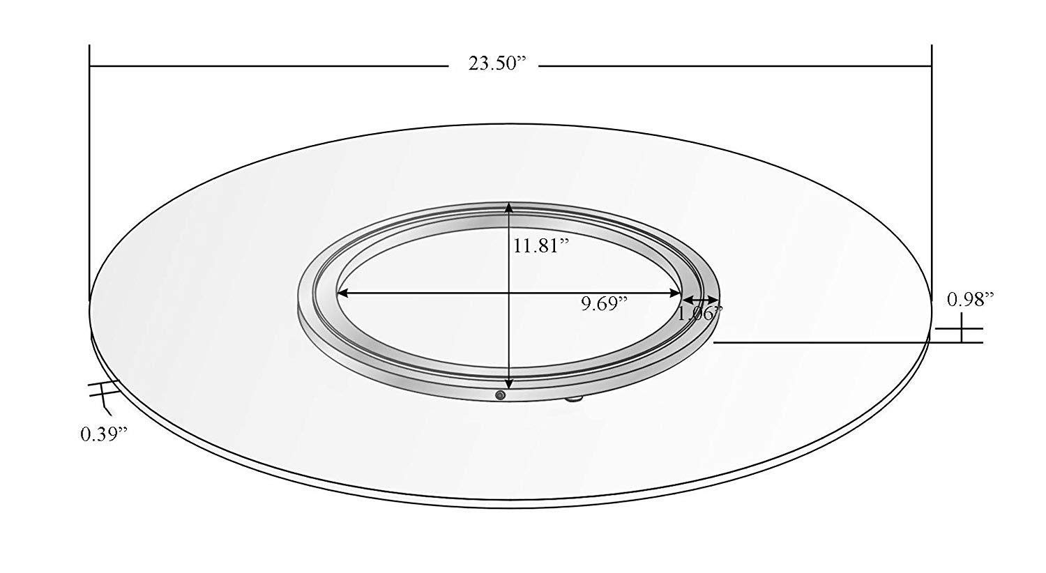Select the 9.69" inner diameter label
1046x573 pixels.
point(605,303)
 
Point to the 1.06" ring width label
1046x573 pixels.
point(699,314)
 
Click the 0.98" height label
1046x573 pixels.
point(970,300)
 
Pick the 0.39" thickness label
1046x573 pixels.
point(105,434)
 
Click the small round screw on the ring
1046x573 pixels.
point(499,395)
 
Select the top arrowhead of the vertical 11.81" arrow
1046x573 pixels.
point(510,207)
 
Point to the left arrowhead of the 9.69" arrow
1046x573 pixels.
point(342,293)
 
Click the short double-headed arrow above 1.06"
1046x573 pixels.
point(699,299)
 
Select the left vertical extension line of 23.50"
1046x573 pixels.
point(90,174)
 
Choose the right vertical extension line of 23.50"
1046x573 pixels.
point(932,174)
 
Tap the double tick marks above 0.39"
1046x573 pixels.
point(103,390)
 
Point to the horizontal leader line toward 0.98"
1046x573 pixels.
point(823,342)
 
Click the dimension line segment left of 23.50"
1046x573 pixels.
point(268,66)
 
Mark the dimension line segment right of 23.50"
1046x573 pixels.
point(736,66)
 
